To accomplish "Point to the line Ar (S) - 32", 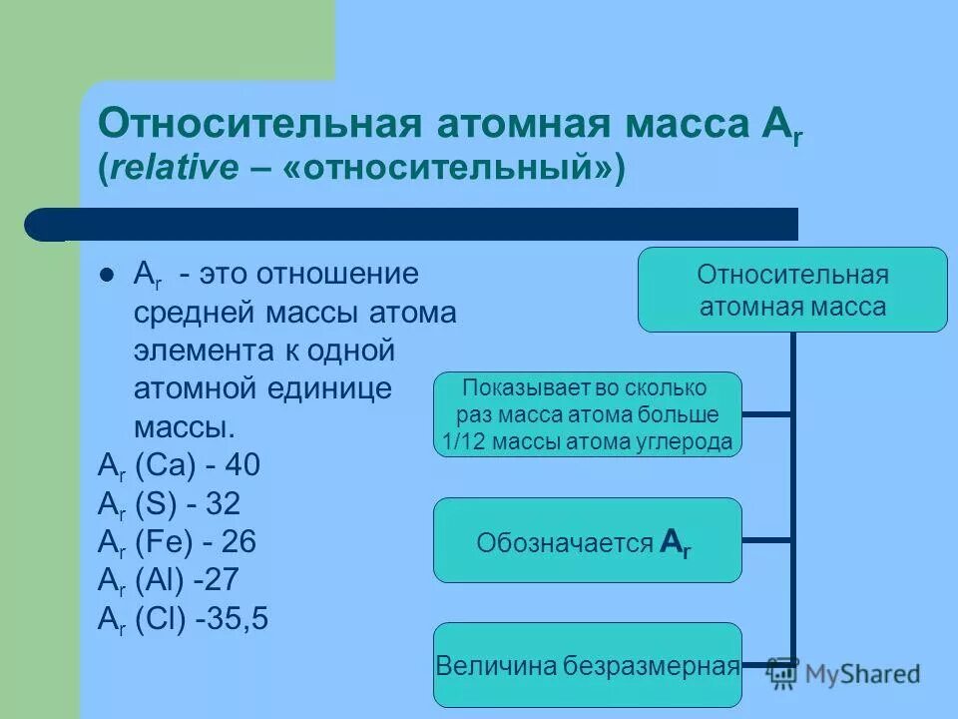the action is click(169, 503).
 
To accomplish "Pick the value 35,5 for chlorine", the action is click(233, 618).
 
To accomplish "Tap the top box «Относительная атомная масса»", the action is click(792, 290).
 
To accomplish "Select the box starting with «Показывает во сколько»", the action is click(588, 414).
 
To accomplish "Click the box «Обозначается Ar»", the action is click(588, 540).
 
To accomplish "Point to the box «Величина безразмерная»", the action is click(588, 665).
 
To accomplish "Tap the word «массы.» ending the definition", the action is click(186, 427).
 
